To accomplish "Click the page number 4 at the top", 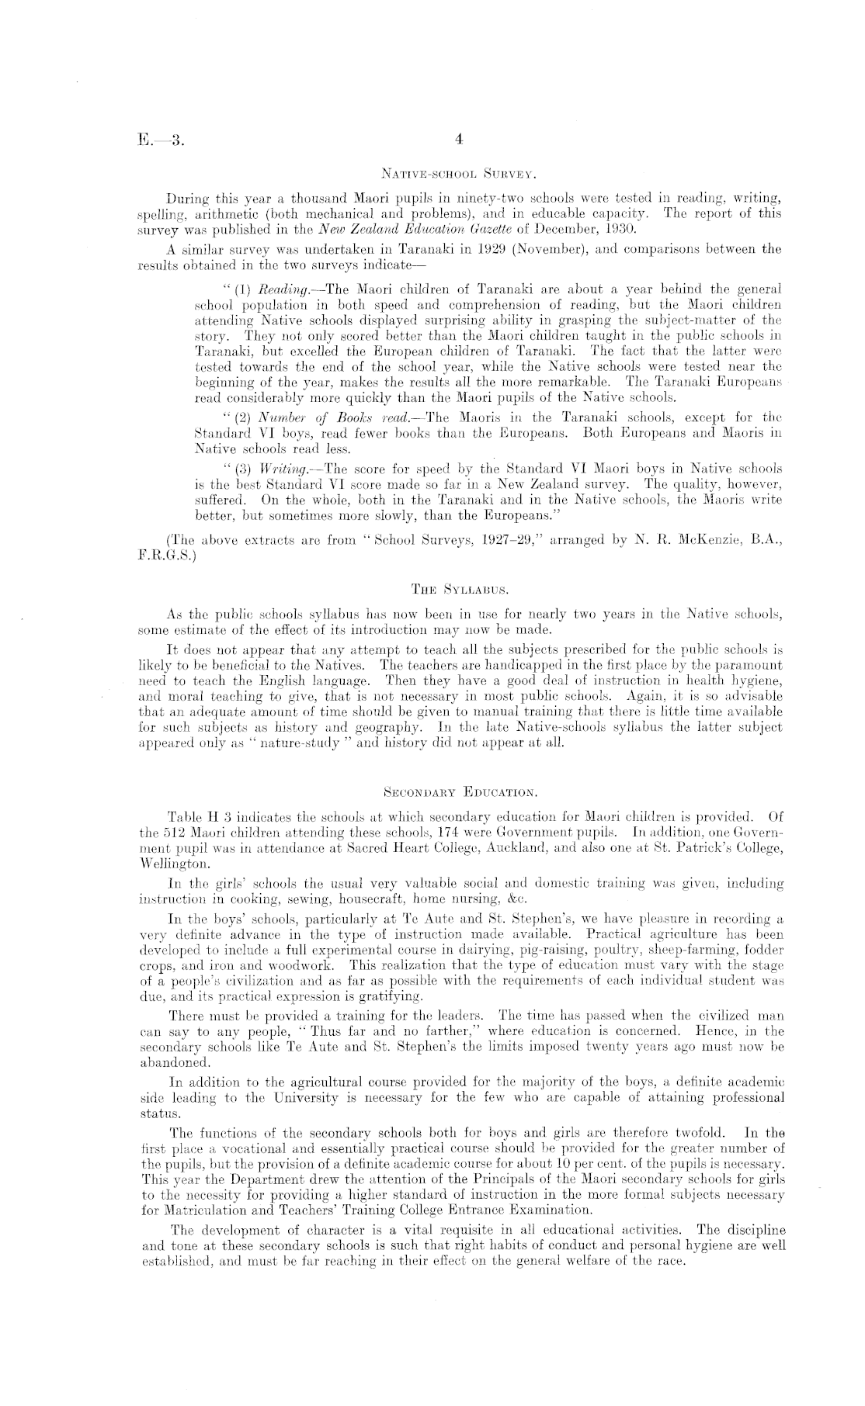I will (459, 140).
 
